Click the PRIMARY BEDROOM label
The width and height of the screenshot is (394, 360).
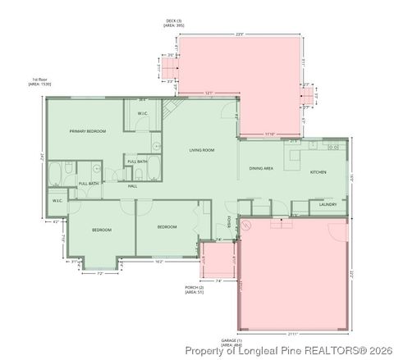(x=88, y=131)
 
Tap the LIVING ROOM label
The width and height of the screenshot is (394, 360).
(x=202, y=150)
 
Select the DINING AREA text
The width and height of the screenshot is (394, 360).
(x=262, y=168)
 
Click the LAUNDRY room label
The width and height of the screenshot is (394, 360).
(x=328, y=205)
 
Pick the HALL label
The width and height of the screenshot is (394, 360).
(x=132, y=186)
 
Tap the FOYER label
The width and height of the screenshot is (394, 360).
(x=228, y=223)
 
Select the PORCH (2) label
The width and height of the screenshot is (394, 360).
(x=194, y=288)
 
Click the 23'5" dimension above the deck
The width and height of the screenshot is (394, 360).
(x=241, y=34)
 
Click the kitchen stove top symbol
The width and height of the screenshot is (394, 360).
(x=334, y=146)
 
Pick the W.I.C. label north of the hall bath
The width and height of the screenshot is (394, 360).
(x=142, y=113)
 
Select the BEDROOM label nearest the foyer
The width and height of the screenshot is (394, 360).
(x=167, y=226)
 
